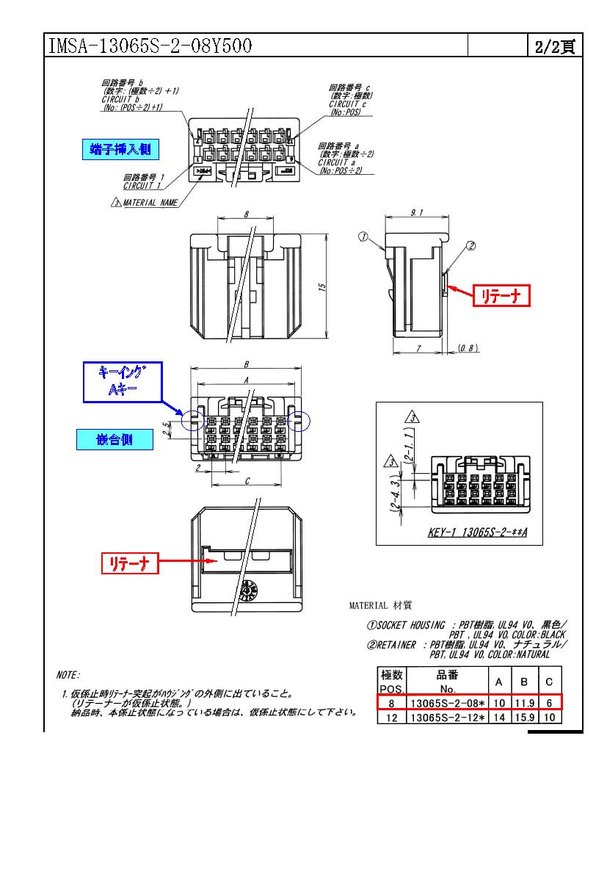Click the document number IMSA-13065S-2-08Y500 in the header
(150, 47)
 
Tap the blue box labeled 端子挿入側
(120, 150)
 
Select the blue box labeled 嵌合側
(115, 440)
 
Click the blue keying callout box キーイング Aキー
(122, 383)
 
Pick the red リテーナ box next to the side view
(500, 295)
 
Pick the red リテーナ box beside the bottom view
(129, 563)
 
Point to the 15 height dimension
(321, 287)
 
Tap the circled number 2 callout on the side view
(470, 246)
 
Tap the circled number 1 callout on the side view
(362, 236)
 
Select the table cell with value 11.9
(524, 703)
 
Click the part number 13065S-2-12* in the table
(447, 718)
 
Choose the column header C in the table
(549, 682)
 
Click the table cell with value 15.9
(524, 718)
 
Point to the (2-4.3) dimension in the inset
(395, 494)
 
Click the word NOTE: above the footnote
(68, 674)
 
